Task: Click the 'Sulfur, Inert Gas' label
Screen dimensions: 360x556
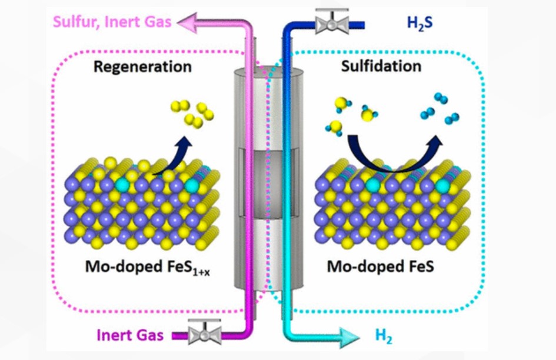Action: click(x=112, y=22)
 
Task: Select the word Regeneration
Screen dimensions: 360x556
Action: click(x=143, y=66)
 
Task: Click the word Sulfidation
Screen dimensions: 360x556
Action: click(x=381, y=66)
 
